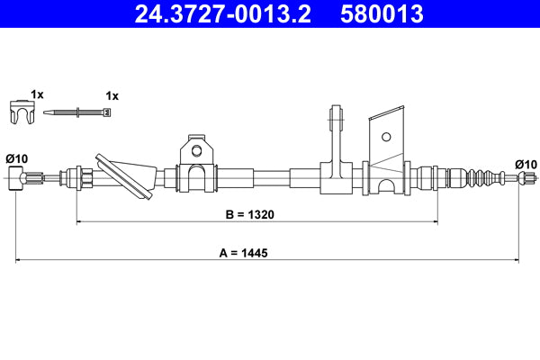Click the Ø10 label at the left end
click(x=18, y=159)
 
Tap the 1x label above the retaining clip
click(x=36, y=94)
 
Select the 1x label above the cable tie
click(x=112, y=94)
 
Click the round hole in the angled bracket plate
click(x=386, y=138)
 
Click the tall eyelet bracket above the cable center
click(x=337, y=135)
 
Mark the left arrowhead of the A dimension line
click(x=20, y=261)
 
